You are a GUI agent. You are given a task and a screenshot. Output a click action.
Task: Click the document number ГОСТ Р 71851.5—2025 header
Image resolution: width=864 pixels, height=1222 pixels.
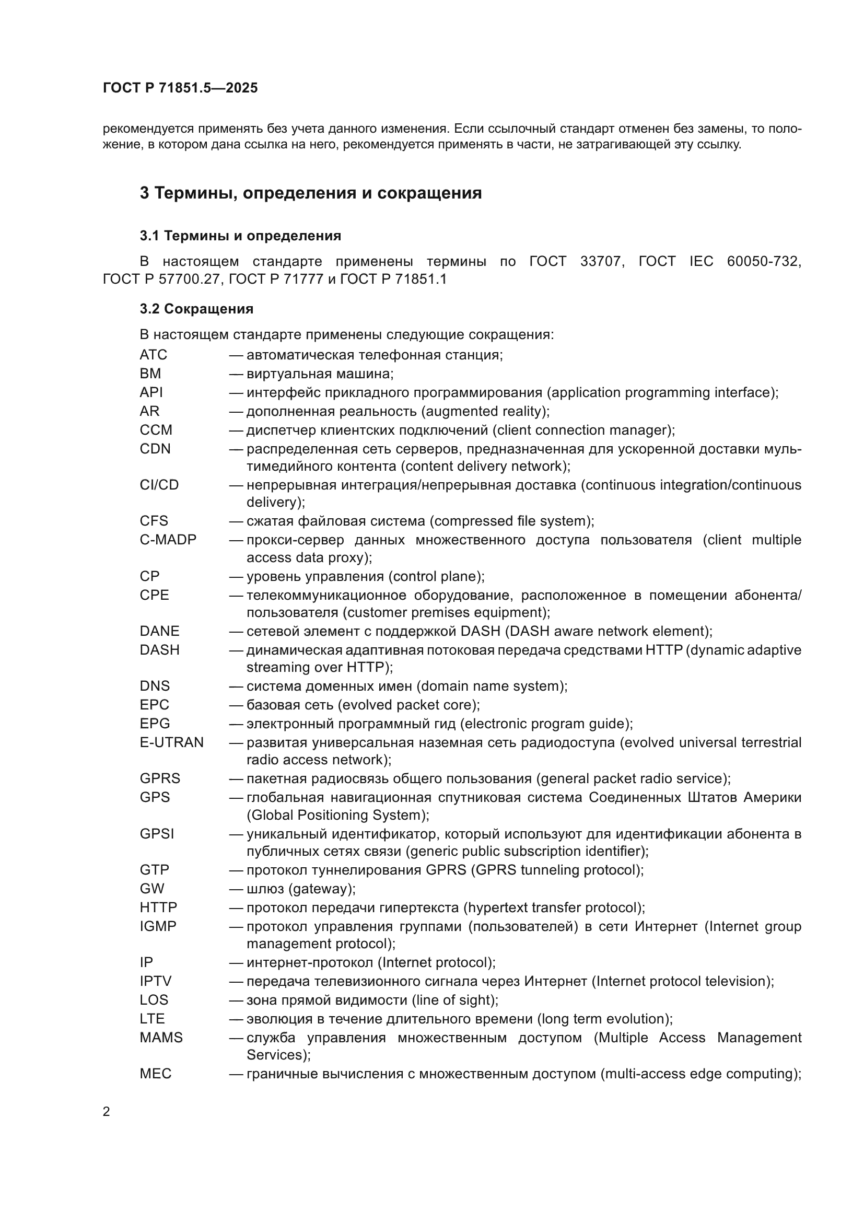tap(180, 88)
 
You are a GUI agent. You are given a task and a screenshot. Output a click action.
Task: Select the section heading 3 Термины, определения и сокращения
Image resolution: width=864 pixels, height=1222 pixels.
tap(311, 193)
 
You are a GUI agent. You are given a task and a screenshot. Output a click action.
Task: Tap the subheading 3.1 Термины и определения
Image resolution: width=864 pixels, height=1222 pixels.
tap(240, 236)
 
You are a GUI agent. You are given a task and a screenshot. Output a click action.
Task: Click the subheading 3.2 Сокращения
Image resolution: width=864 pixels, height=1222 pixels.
tap(196, 309)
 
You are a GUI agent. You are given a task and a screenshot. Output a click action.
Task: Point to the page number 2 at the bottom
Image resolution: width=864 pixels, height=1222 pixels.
tap(107, 1112)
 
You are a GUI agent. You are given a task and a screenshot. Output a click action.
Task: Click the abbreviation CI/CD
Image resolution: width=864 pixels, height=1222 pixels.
tap(159, 485)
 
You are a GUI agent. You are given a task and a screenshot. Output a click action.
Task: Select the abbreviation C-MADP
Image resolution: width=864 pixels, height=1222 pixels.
tap(168, 540)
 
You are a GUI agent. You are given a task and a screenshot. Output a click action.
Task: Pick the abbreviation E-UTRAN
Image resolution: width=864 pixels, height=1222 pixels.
tap(171, 742)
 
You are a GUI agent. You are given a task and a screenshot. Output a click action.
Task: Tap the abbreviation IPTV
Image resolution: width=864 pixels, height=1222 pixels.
tap(155, 981)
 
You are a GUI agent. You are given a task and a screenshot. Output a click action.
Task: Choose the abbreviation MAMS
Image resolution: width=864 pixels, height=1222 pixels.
tap(161, 1038)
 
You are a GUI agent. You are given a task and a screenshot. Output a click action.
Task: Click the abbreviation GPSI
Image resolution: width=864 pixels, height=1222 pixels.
tap(157, 833)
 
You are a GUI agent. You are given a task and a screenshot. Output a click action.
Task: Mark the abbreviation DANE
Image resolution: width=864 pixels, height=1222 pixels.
tap(160, 631)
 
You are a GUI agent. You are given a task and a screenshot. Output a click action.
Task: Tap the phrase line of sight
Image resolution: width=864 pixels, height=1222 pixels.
tap(454, 999)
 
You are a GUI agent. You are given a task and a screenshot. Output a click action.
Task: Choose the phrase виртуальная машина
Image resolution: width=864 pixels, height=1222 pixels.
tap(319, 374)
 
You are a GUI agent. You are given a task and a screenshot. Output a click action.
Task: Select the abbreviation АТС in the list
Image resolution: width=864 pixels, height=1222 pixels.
tap(153, 355)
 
